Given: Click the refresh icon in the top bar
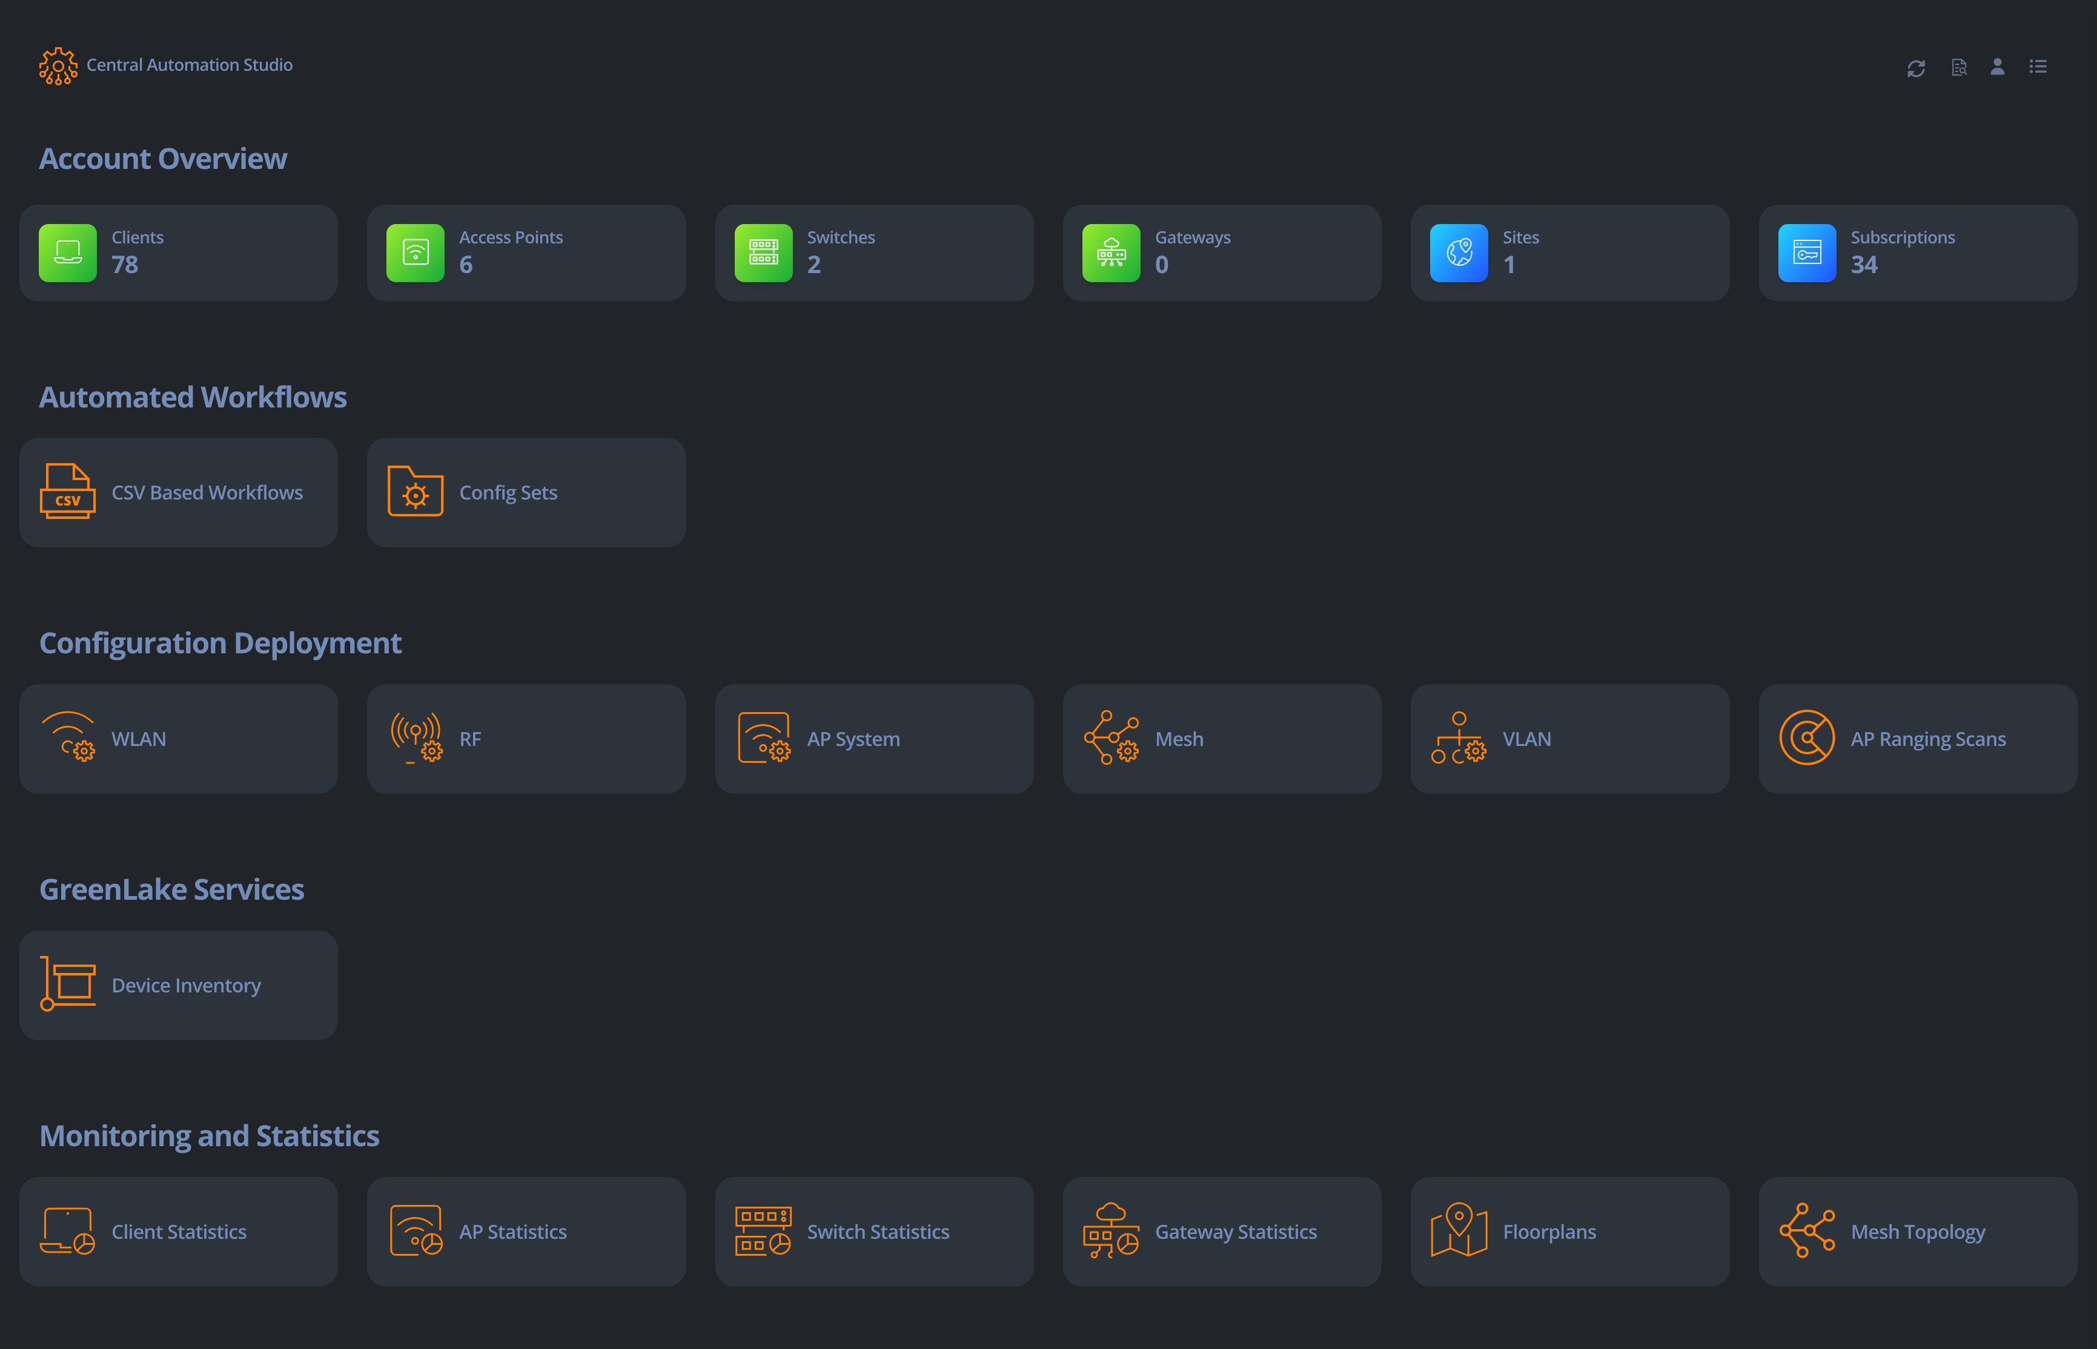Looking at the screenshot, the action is tap(1916, 67).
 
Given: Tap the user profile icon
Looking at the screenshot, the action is tap(1997, 67).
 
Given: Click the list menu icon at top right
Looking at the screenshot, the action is tap(2038, 67).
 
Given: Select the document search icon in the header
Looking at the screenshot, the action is tap(1958, 67).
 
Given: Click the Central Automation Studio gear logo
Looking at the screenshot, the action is tap(58, 66).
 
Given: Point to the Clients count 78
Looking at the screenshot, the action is tap(124, 265).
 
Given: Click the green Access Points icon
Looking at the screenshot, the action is tap(416, 253).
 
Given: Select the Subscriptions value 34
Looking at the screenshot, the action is tap(1864, 265).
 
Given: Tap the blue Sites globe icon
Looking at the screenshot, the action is tap(1458, 253).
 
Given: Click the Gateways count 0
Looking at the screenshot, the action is tap(1162, 265).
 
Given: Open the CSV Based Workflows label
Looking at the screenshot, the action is tap(207, 493).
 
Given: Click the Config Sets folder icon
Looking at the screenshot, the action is tap(416, 492).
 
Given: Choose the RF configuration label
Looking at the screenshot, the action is tap(469, 739).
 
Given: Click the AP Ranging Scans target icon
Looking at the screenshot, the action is tap(1806, 737).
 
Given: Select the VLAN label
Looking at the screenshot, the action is tap(1526, 739).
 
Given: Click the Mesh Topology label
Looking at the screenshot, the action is tap(1917, 1233).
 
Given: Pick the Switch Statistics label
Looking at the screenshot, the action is tap(878, 1233).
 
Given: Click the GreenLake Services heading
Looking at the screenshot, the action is tap(172, 890).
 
